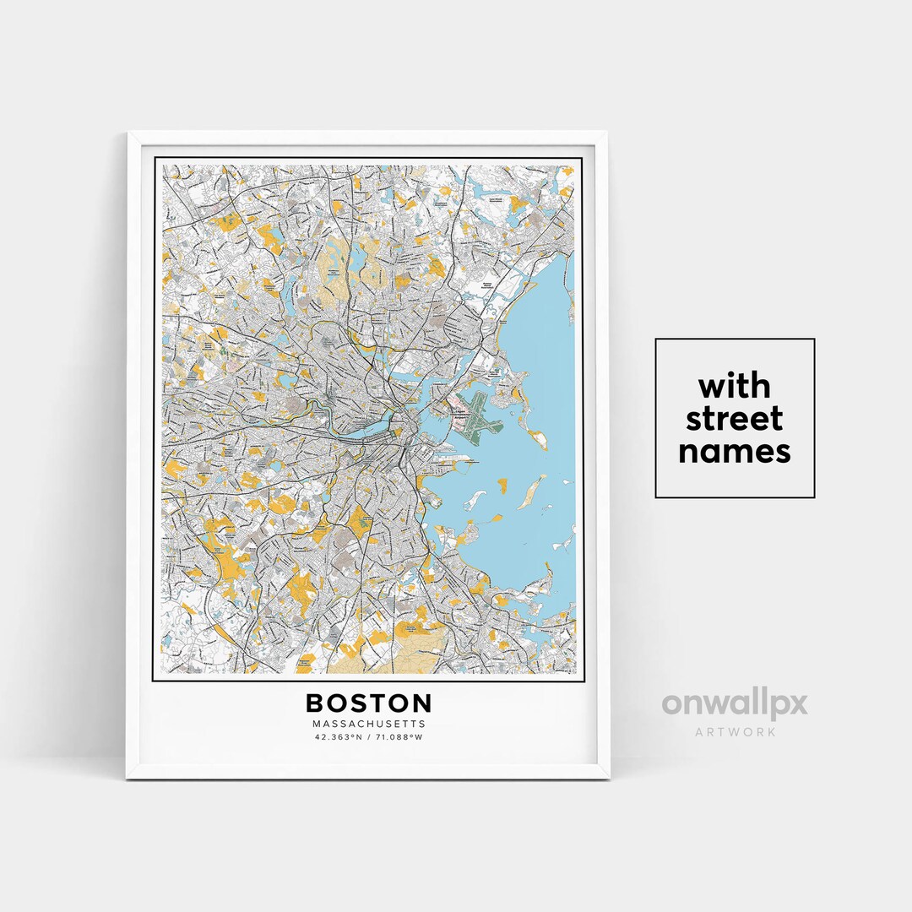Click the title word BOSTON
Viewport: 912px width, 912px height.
pos(368,703)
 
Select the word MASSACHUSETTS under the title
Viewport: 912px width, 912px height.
pos(368,724)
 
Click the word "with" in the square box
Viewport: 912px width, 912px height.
pos(735,387)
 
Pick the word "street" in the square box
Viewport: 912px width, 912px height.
pos(735,419)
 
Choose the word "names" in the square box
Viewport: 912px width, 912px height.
pos(735,451)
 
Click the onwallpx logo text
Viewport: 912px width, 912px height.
pos(735,704)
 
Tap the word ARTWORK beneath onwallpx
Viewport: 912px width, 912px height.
pos(735,731)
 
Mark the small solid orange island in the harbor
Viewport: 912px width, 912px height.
pos(502,485)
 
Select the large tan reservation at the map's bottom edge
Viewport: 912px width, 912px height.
pos(380,654)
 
